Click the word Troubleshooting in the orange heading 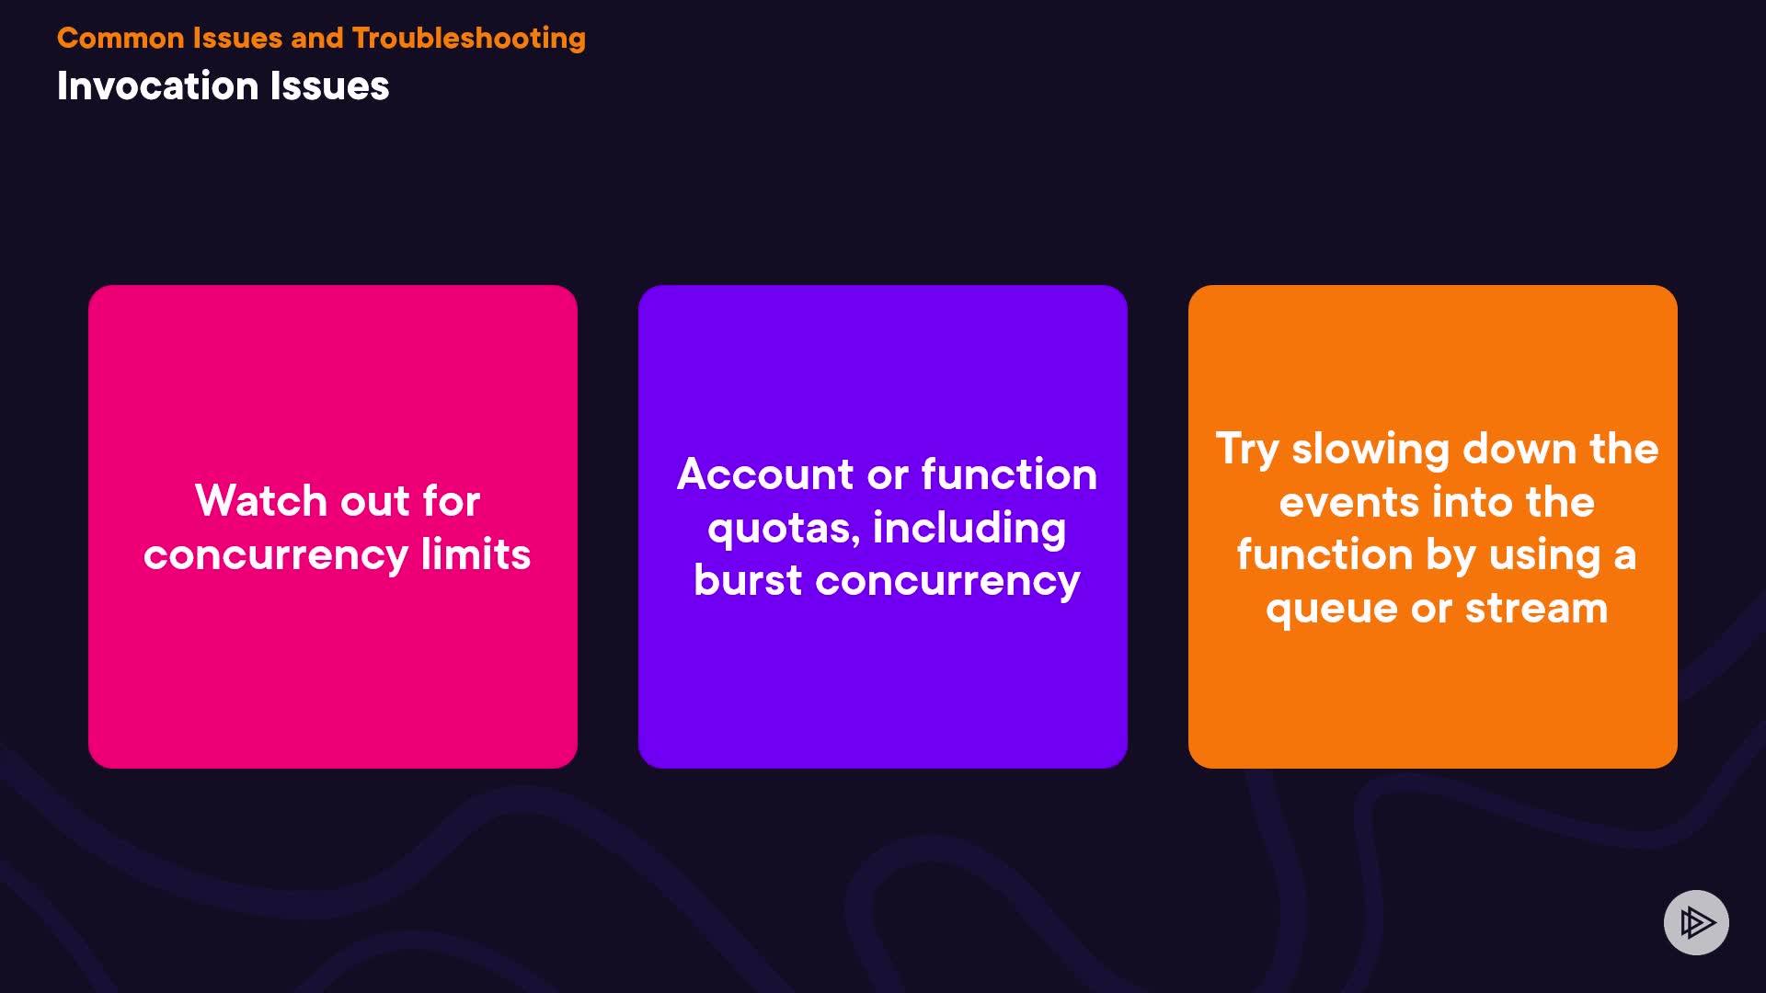click(469, 39)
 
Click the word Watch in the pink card click(261, 501)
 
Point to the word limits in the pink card click(476, 554)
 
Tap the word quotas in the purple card click(783, 530)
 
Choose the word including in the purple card click(969, 530)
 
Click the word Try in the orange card click(1247, 451)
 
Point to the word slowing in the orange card click(1370, 451)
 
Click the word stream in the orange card click(1536, 609)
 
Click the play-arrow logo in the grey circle click(1697, 922)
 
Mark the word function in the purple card click(1009, 474)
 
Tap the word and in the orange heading click(316, 39)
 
